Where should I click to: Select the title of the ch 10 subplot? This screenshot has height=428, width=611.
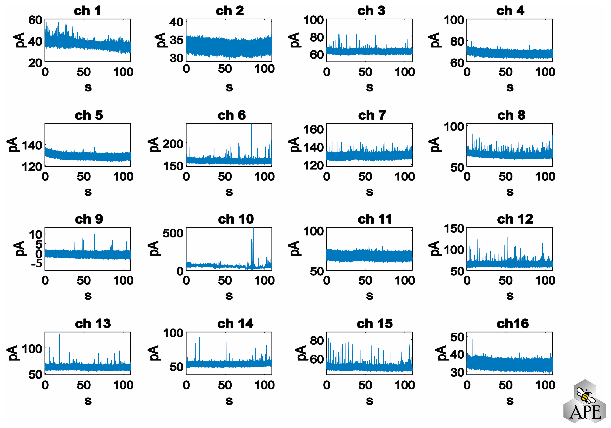click(x=236, y=219)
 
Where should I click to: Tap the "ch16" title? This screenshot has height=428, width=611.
click(x=513, y=324)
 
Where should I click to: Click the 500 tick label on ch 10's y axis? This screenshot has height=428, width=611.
click(x=173, y=233)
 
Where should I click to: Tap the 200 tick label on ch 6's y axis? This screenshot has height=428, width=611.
click(x=173, y=144)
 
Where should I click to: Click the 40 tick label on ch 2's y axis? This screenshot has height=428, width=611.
click(x=176, y=22)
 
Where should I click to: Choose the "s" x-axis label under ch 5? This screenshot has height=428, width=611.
click(x=88, y=192)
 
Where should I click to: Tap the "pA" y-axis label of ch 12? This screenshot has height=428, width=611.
click(x=434, y=248)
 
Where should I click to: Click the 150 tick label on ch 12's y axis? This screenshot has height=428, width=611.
click(x=454, y=229)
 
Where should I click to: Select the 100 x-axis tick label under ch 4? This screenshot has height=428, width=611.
click(x=545, y=72)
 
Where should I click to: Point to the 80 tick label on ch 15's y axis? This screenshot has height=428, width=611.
click(x=317, y=340)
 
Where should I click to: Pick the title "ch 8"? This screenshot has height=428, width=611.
click(x=511, y=115)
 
